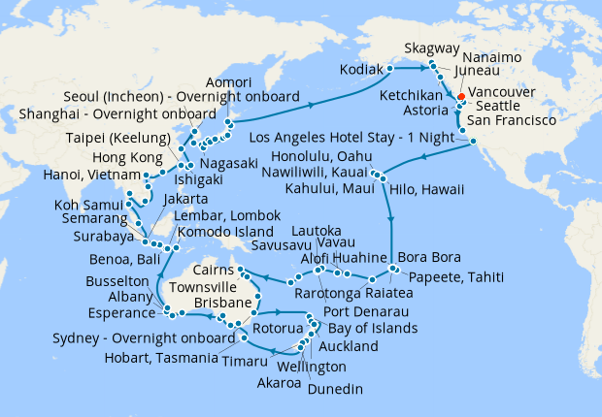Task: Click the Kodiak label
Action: pyautogui.click(x=361, y=70)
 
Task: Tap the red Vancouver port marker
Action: pyautogui.click(x=460, y=95)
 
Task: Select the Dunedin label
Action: pyautogui.click(x=337, y=389)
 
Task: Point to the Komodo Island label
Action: pyautogui.click(x=217, y=234)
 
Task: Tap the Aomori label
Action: pyautogui.click(x=230, y=85)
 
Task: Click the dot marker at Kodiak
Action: pyautogui.click(x=390, y=69)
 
